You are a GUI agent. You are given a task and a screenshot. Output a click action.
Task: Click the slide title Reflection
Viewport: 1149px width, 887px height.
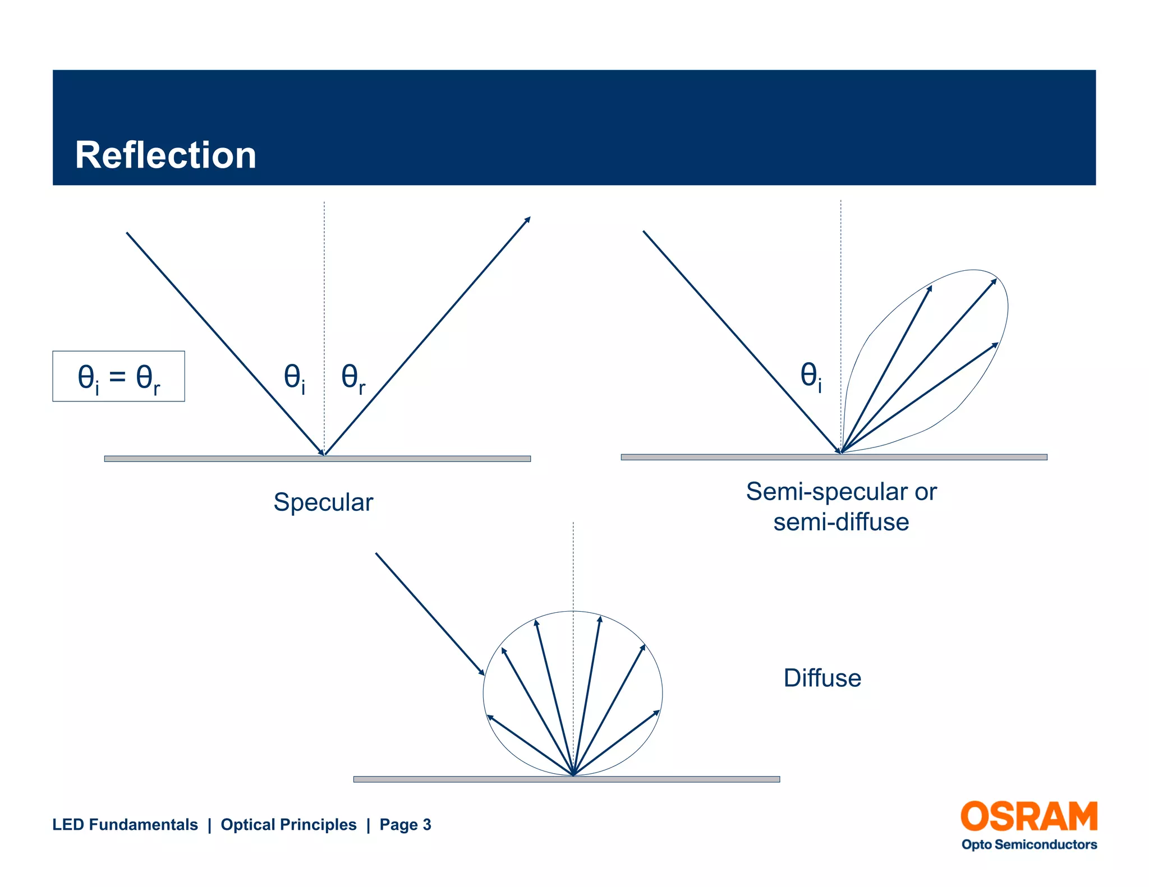click(x=166, y=155)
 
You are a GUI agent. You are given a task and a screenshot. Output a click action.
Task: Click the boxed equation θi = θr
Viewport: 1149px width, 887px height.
click(x=118, y=377)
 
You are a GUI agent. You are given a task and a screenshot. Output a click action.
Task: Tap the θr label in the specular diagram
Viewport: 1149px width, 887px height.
click(x=353, y=378)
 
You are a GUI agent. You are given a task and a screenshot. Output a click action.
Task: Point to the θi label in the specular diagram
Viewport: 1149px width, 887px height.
click(x=295, y=378)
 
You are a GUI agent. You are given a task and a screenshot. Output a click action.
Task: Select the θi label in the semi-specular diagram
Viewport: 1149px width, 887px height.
click(x=811, y=376)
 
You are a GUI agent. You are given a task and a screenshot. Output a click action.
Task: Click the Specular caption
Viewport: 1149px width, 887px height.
click(x=323, y=502)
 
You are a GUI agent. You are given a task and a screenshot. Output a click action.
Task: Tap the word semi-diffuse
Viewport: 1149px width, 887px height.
click(x=841, y=522)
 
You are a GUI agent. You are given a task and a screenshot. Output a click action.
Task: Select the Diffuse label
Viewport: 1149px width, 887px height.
click(x=822, y=678)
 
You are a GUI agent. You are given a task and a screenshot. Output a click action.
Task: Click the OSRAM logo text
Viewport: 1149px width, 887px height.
click(x=1029, y=817)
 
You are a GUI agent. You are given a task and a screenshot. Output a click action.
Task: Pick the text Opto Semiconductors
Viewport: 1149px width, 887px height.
click(x=1029, y=844)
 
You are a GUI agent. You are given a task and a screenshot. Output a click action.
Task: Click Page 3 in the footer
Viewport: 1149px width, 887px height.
click(x=405, y=824)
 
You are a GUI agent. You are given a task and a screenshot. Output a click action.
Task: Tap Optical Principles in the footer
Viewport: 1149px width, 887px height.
click(x=288, y=824)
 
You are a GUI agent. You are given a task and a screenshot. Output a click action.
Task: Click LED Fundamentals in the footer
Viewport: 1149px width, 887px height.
click(x=125, y=824)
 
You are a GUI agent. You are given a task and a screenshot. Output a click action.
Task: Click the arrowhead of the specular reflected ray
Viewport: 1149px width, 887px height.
click(x=527, y=219)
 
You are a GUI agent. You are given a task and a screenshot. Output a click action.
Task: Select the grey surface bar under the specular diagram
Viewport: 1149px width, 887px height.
click(x=318, y=459)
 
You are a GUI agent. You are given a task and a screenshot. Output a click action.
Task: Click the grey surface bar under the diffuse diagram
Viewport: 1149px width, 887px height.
click(x=567, y=779)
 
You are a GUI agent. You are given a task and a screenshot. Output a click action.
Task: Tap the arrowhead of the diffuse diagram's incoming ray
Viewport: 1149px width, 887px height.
click(x=481, y=672)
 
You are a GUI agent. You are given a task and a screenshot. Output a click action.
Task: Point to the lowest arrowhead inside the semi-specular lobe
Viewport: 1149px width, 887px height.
click(x=995, y=345)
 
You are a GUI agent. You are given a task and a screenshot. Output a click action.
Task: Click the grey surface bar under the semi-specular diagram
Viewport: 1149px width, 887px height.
click(x=834, y=458)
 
